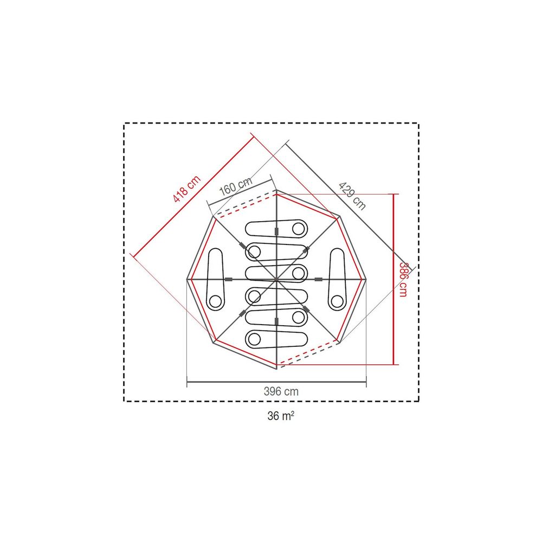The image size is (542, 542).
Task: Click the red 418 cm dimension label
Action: click(x=186, y=189)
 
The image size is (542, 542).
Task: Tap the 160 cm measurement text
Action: click(x=236, y=186)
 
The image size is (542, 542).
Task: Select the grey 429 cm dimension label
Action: click(x=352, y=196)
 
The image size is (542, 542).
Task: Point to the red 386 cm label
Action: click(x=403, y=279)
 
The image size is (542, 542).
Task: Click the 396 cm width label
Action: click(x=281, y=391)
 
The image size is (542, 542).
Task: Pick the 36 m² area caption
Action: click(x=281, y=416)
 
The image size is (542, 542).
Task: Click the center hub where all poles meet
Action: click(x=276, y=279)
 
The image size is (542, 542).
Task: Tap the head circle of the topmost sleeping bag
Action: click(x=299, y=229)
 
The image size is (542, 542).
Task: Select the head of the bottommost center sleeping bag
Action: click(x=254, y=339)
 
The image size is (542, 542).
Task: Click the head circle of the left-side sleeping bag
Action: click(x=215, y=301)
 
